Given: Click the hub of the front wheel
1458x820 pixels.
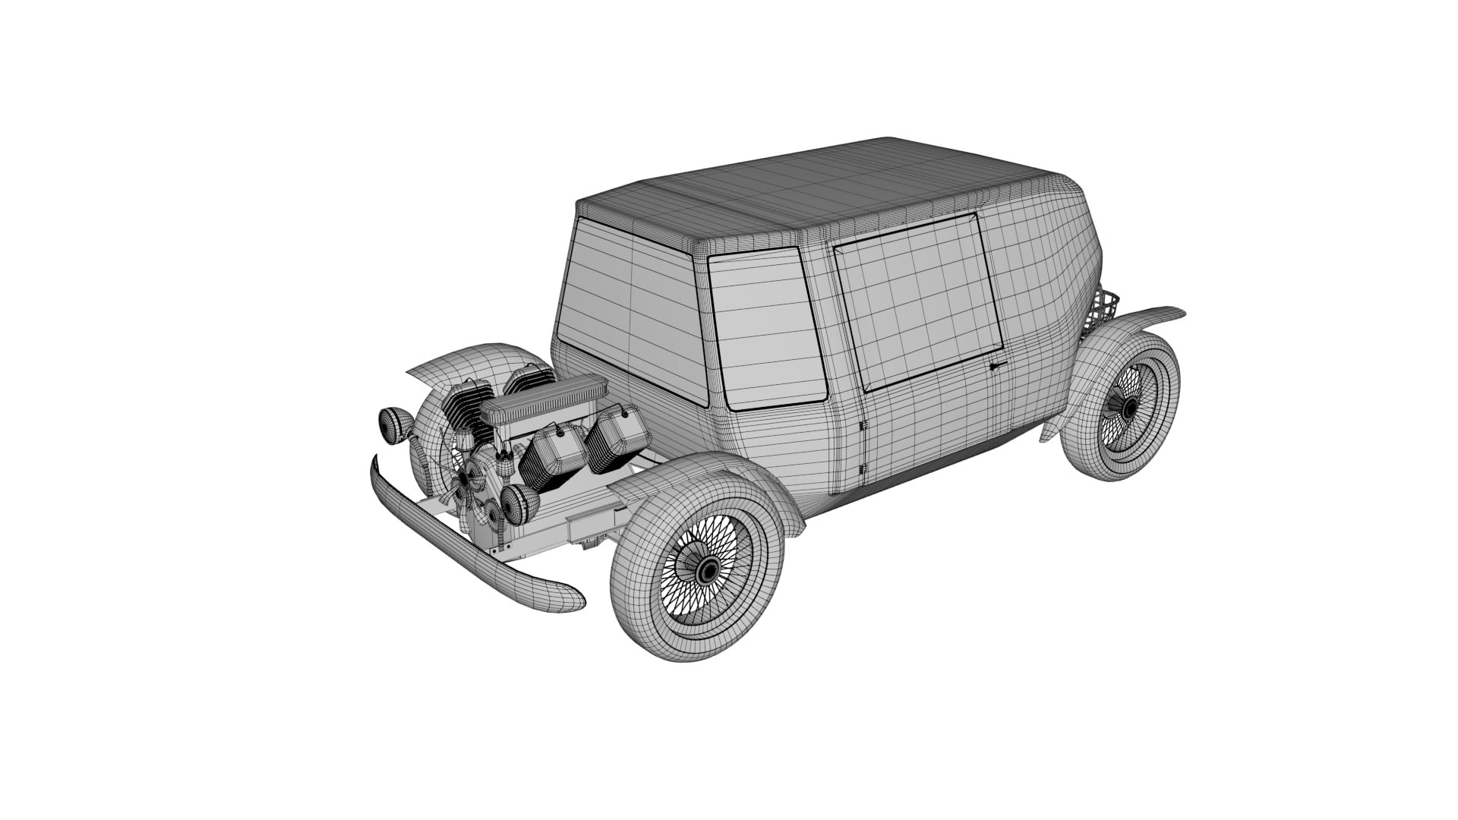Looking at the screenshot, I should pyautogui.click(x=709, y=570).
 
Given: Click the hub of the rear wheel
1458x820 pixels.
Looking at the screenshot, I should pyautogui.click(x=1129, y=408).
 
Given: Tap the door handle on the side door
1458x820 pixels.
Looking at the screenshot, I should pyautogui.click(x=998, y=367).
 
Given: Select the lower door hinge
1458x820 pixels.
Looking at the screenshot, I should pyautogui.click(x=863, y=470).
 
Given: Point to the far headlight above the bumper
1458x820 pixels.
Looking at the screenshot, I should pyautogui.click(x=393, y=424).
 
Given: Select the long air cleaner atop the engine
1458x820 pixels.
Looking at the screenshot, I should pyautogui.click(x=544, y=399).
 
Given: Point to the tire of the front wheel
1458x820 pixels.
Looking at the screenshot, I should pyautogui.click(x=645, y=607).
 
